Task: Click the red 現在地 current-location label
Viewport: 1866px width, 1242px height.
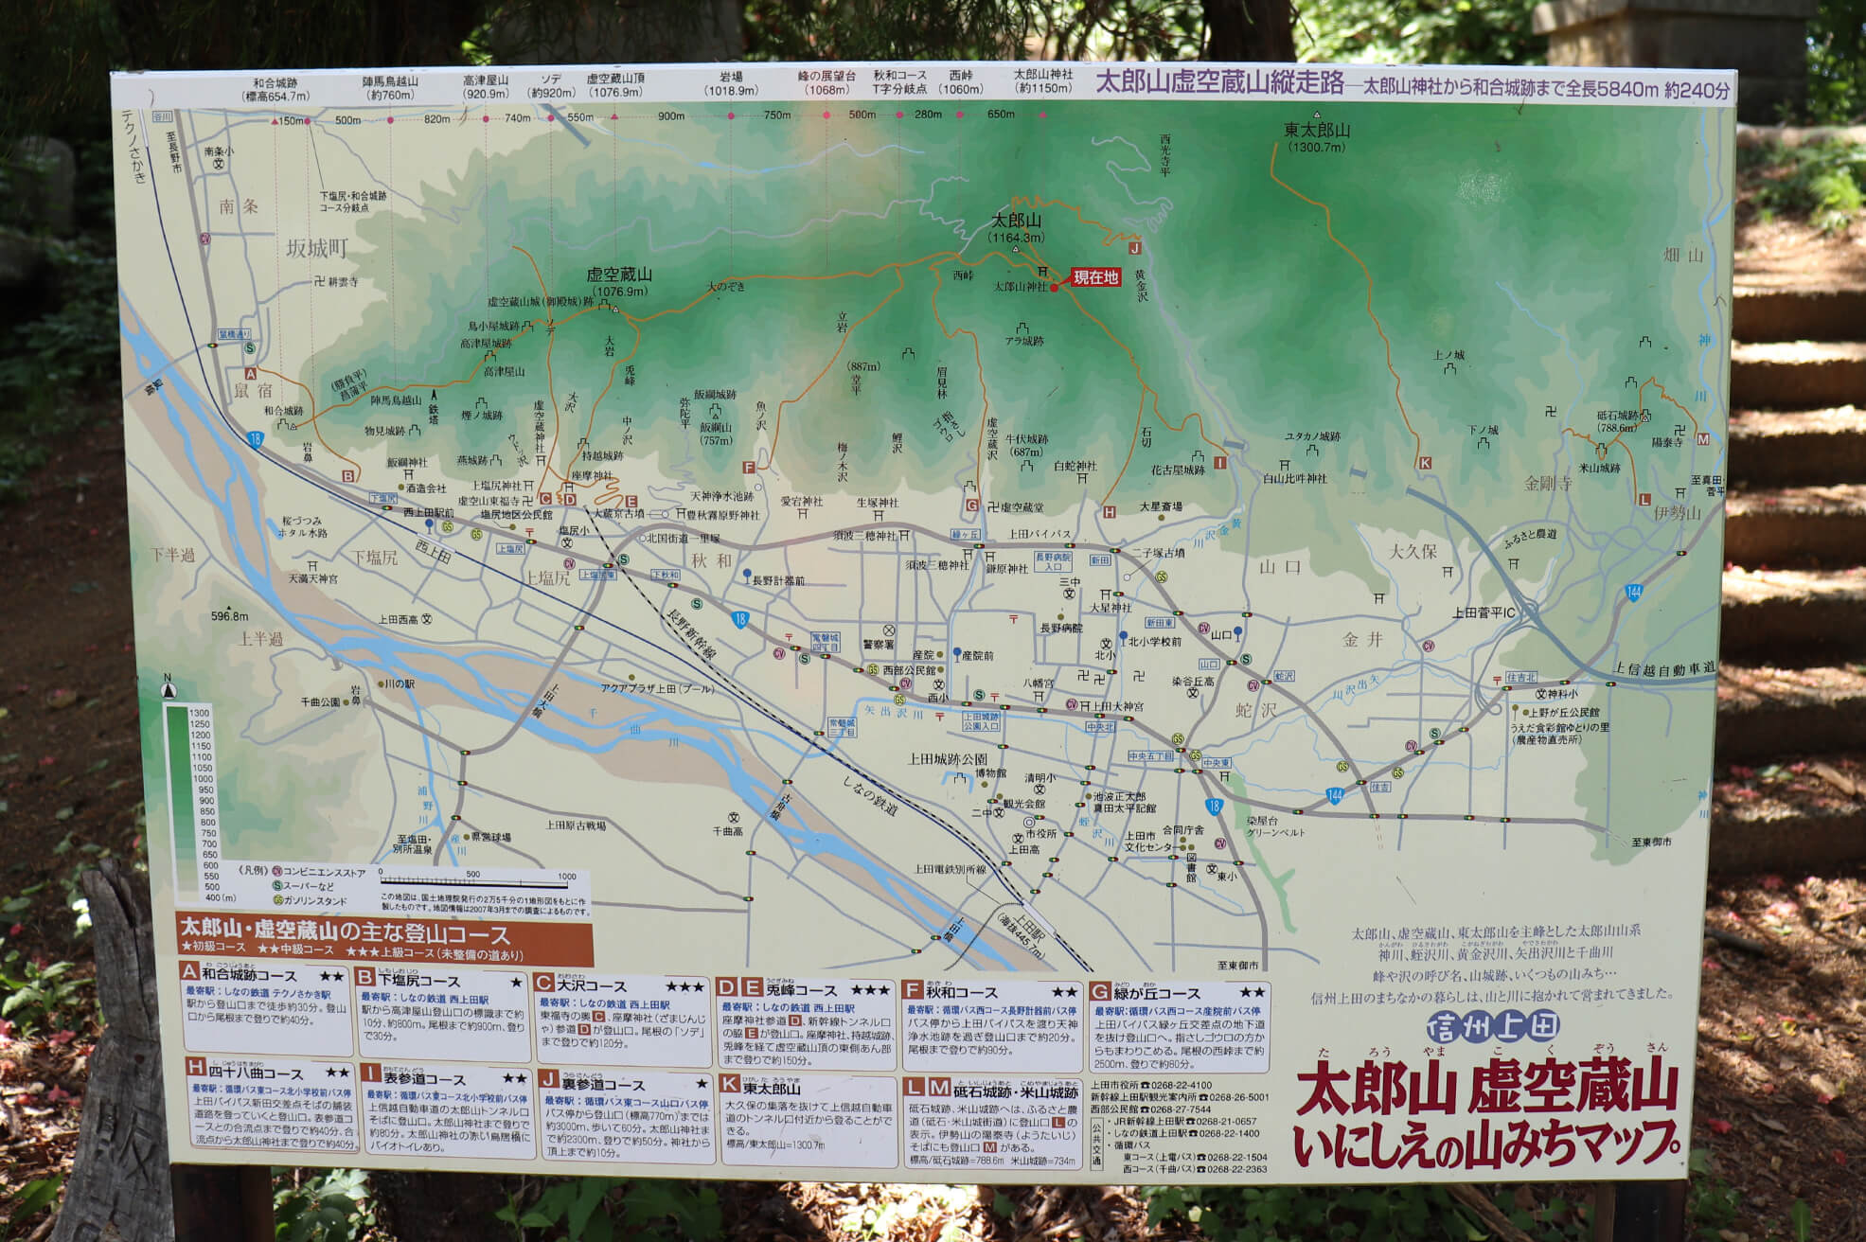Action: (x=1095, y=277)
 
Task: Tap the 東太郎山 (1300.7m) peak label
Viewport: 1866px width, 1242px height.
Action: (x=1317, y=137)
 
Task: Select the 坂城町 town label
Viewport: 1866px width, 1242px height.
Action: (x=317, y=249)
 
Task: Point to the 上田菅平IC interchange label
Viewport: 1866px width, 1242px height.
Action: (x=1484, y=612)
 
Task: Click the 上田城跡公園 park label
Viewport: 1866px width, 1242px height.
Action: (x=948, y=758)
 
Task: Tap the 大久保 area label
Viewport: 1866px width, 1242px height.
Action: (x=1413, y=551)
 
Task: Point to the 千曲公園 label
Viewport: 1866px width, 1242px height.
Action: (x=320, y=701)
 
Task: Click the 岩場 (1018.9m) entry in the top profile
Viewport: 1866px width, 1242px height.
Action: (x=731, y=83)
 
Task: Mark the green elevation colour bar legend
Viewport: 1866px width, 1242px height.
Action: (x=176, y=800)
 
